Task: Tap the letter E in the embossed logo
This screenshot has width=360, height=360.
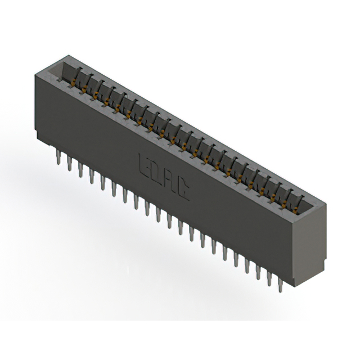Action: [142, 164]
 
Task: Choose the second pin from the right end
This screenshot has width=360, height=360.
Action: [269, 278]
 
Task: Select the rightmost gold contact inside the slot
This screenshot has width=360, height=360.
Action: [296, 202]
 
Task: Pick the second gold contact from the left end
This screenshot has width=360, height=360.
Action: [85, 89]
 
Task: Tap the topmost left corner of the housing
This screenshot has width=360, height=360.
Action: [66, 55]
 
